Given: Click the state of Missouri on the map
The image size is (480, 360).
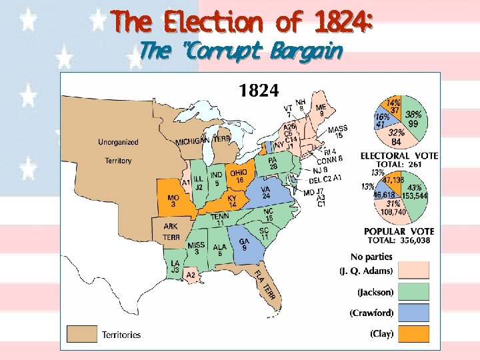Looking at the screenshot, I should (x=175, y=199).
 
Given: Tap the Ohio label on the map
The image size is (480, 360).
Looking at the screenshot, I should (x=238, y=176).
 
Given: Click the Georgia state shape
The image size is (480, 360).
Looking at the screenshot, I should (x=244, y=245).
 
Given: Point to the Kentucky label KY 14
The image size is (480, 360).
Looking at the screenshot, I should (x=232, y=201).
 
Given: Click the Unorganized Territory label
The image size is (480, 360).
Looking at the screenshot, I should (x=119, y=151).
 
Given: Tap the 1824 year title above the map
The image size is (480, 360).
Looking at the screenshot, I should (x=260, y=89).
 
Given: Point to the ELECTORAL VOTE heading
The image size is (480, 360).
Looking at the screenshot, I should (x=399, y=155).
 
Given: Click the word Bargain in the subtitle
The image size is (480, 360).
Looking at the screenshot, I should (x=311, y=51).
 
